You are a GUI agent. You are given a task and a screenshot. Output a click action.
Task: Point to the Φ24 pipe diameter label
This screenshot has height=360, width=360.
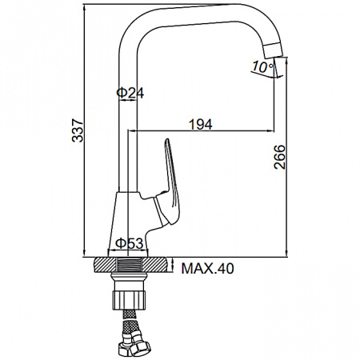click(x=130, y=93)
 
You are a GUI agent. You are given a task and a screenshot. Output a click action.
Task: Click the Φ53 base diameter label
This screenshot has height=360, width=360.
click(x=129, y=243)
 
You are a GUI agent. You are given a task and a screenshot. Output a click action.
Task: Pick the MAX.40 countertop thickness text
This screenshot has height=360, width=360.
click(x=207, y=269)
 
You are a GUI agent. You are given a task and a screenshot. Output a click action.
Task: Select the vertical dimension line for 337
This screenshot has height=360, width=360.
click(x=86, y=200)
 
